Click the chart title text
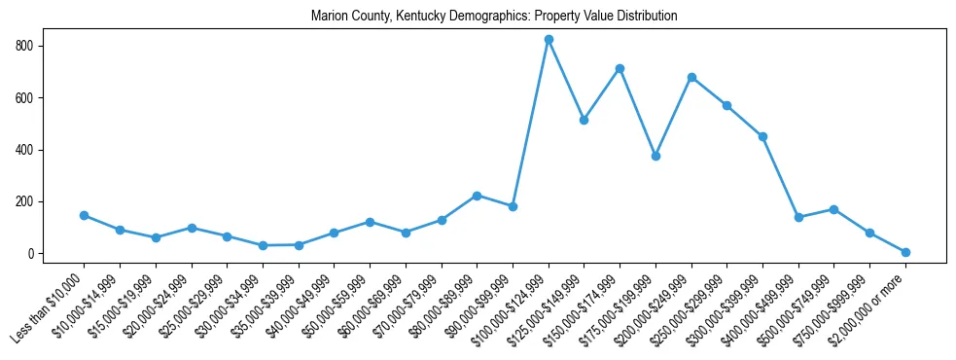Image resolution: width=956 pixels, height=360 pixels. pyautogui.click(x=494, y=17)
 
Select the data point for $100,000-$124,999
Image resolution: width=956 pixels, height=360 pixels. pyautogui.click(x=549, y=39)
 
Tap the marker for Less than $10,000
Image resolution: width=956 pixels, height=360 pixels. pyautogui.click(x=84, y=215)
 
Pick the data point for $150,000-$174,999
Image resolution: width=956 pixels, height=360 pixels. pyautogui.click(x=620, y=68)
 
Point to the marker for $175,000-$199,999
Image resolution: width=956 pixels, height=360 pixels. pyautogui.click(x=655, y=156)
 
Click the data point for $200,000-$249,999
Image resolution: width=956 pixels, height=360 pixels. pyautogui.click(x=691, y=77)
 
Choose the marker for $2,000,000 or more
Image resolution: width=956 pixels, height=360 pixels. pyautogui.click(x=905, y=252)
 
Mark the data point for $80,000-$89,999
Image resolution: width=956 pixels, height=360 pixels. pyautogui.click(x=477, y=196)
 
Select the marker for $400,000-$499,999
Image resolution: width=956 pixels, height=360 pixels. pyautogui.click(x=798, y=217)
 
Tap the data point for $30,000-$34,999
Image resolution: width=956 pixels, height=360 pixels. pyautogui.click(x=263, y=245)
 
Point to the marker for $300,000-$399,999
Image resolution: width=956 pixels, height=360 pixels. pyautogui.click(x=762, y=136)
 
